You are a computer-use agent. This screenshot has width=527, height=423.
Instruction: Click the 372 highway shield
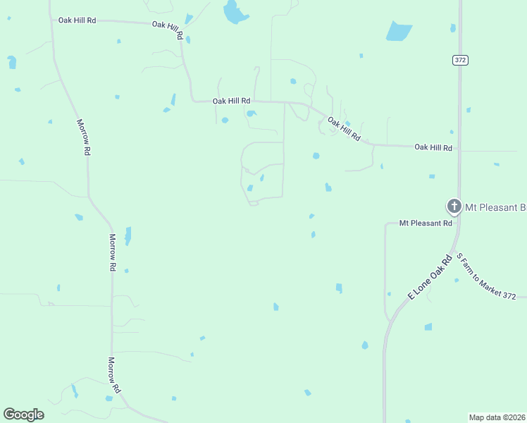pos(460,61)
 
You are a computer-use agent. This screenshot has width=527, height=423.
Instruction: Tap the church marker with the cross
pos(454,207)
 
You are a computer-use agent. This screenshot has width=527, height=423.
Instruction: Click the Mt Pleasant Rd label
pos(426,223)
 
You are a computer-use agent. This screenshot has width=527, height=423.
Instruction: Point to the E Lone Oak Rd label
pos(429,274)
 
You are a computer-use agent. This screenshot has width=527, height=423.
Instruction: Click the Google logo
pos(23,415)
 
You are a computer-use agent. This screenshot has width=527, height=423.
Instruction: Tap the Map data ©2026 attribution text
pos(497,417)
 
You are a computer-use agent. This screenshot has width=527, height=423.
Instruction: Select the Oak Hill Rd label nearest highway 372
pos(433,147)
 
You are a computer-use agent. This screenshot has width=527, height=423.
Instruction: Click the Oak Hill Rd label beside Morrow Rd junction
pos(77,20)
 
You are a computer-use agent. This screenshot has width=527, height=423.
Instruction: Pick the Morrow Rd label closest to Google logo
pos(113,375)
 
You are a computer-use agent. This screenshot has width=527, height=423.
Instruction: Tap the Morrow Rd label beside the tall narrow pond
pos(112,252)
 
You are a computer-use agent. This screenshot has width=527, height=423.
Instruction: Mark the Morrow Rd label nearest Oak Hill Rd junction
pos(83,137)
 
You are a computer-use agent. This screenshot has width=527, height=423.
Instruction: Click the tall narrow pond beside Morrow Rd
pos(128,235)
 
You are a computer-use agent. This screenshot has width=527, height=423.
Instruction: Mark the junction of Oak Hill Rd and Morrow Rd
pos(51,20)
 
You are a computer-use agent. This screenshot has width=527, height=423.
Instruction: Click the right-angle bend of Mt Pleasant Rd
pos(385,224)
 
